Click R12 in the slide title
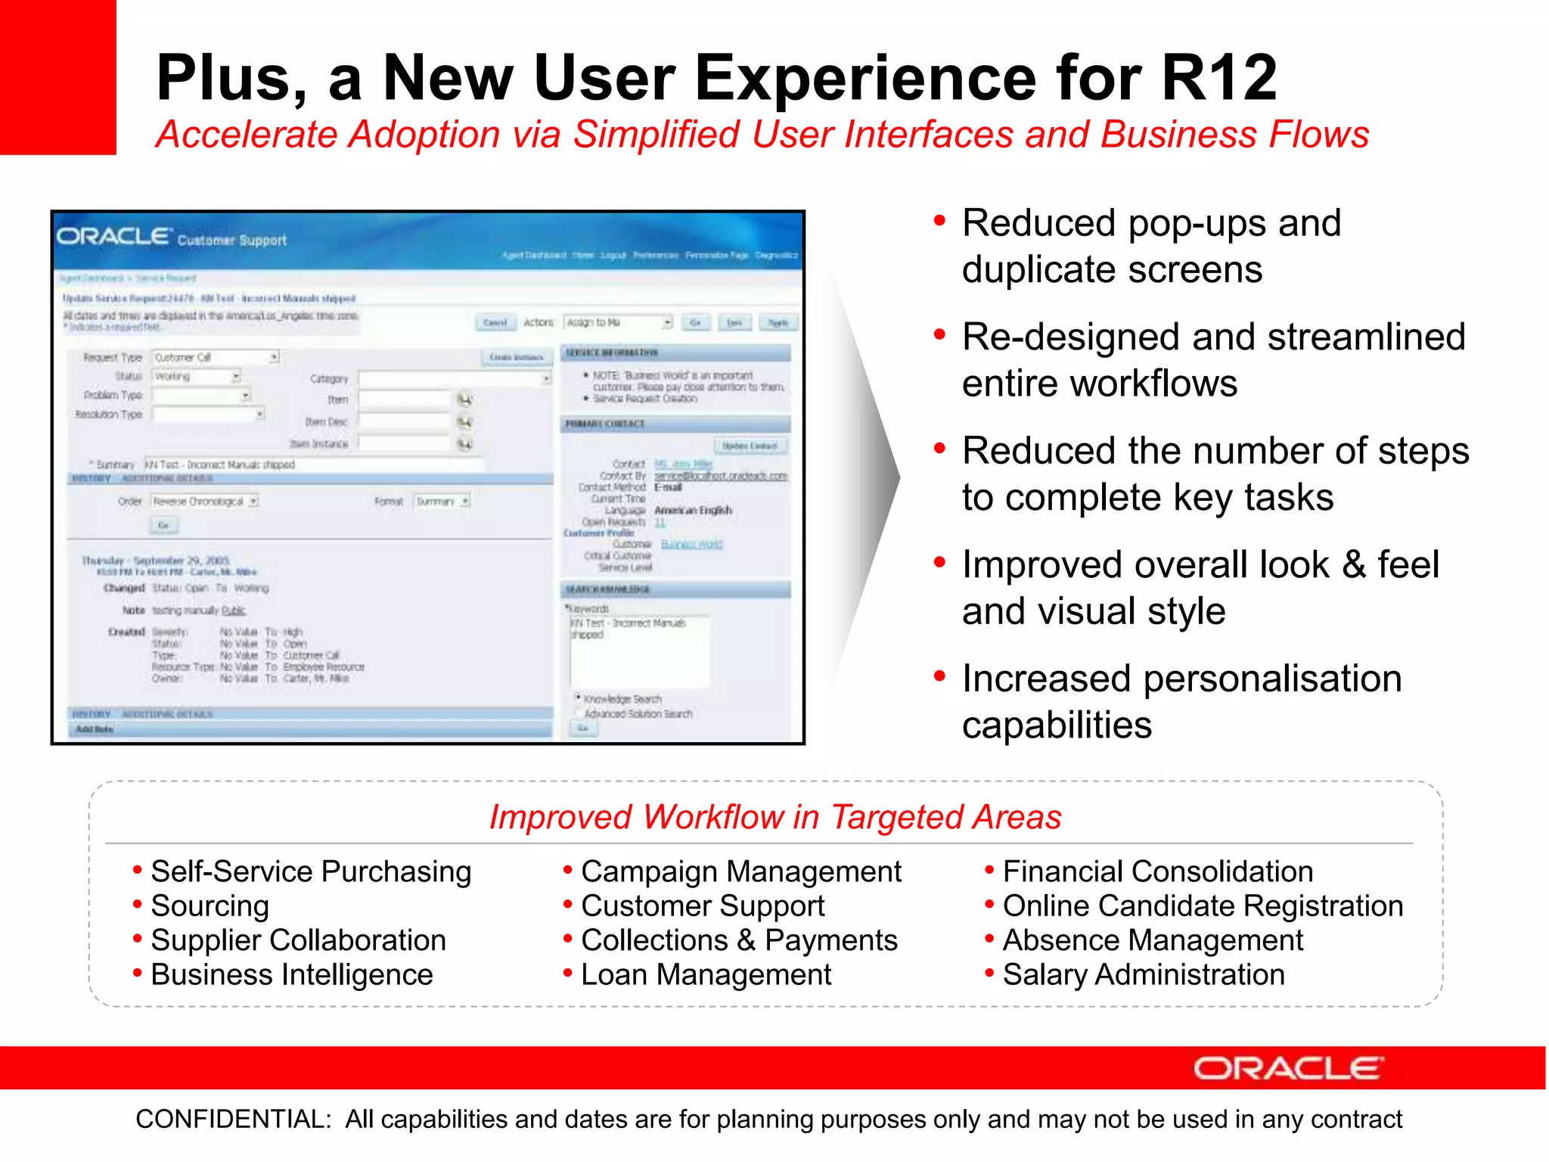[x=1218, y=78]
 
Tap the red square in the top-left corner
[x=57, y=76]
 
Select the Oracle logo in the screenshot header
[x=113, y=236]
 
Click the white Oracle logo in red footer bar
[x=1287, y=1068]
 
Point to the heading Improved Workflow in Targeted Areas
[x=774, y=817]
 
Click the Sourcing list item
[x=210, y=906]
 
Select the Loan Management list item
[x=706, y=974]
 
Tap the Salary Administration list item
[x=1143, y=974]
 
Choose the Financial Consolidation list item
[x=1157, y=871]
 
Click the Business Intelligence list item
[x=291, y=974]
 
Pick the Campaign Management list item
[x=740, y=871]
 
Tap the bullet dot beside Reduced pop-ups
[x=939, y=221]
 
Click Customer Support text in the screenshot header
[x=231, y=241]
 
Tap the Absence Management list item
[x=1152, y=940]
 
